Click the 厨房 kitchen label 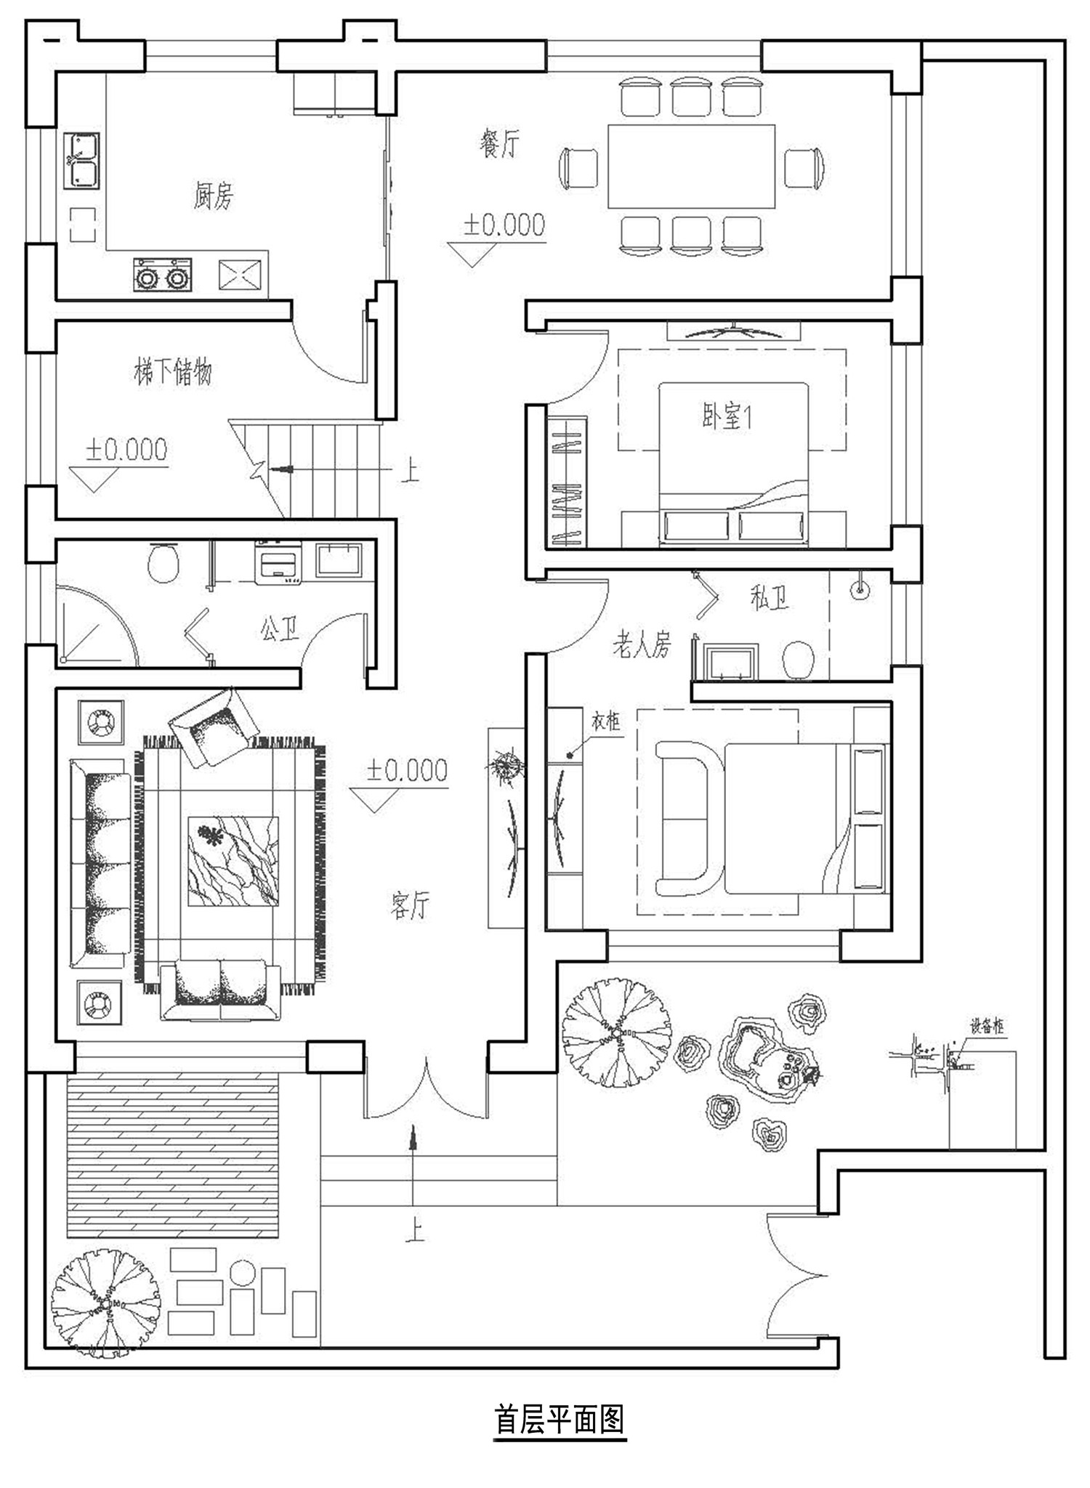click(x=213, y=195)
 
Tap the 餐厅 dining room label click(x=499, y=145)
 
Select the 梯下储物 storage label click(x=173, y=372)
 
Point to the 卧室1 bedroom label click(x=727, y=417)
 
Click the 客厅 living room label click(x=410, y=905)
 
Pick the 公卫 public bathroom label click(x=280, y=628)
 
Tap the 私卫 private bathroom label click(x=769, y=597)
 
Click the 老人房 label click(x=642, y=644)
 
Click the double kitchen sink click(x=81, y=161)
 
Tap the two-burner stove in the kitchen click(x=163, y=275)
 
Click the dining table click(x=691, y=166)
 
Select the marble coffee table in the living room click(x=233, y=861)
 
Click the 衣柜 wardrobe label click(x=605, y=721)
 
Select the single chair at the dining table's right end click(x=804, y=166)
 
